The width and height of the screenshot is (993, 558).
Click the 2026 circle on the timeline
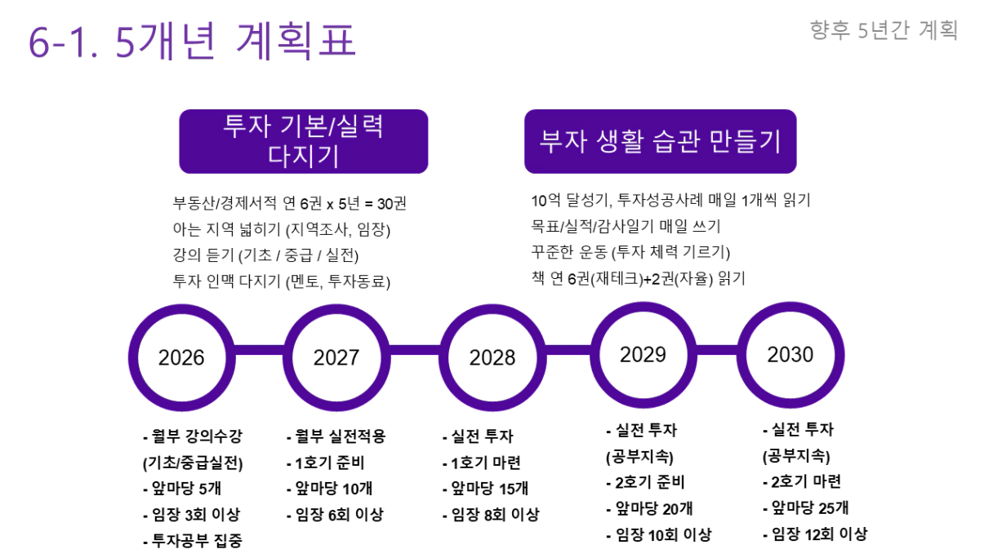pos(181,357)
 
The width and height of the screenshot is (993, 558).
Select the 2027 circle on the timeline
pos(336,357)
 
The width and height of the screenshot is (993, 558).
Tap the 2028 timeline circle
pos(492,357)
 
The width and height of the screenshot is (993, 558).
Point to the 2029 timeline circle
pos(643,354)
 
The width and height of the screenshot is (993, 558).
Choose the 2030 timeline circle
pos(790,354)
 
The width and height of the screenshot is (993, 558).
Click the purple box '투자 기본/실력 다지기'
pos(303,141)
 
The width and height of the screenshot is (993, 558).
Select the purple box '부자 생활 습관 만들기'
pos(660,141)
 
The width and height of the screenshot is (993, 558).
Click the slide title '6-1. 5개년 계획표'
pos(193,42)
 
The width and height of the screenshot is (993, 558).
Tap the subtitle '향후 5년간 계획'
pos(884,31)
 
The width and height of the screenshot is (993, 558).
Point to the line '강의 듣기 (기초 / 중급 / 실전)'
pos(266,255)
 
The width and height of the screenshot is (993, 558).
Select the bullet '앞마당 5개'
pos(181,489)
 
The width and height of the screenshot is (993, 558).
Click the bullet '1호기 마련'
pos(482,463)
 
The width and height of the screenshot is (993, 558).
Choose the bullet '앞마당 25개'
pos(806,507)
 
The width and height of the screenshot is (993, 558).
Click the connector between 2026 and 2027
pos(259,351)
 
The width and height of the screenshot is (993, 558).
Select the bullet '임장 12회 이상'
pos(814,534)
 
